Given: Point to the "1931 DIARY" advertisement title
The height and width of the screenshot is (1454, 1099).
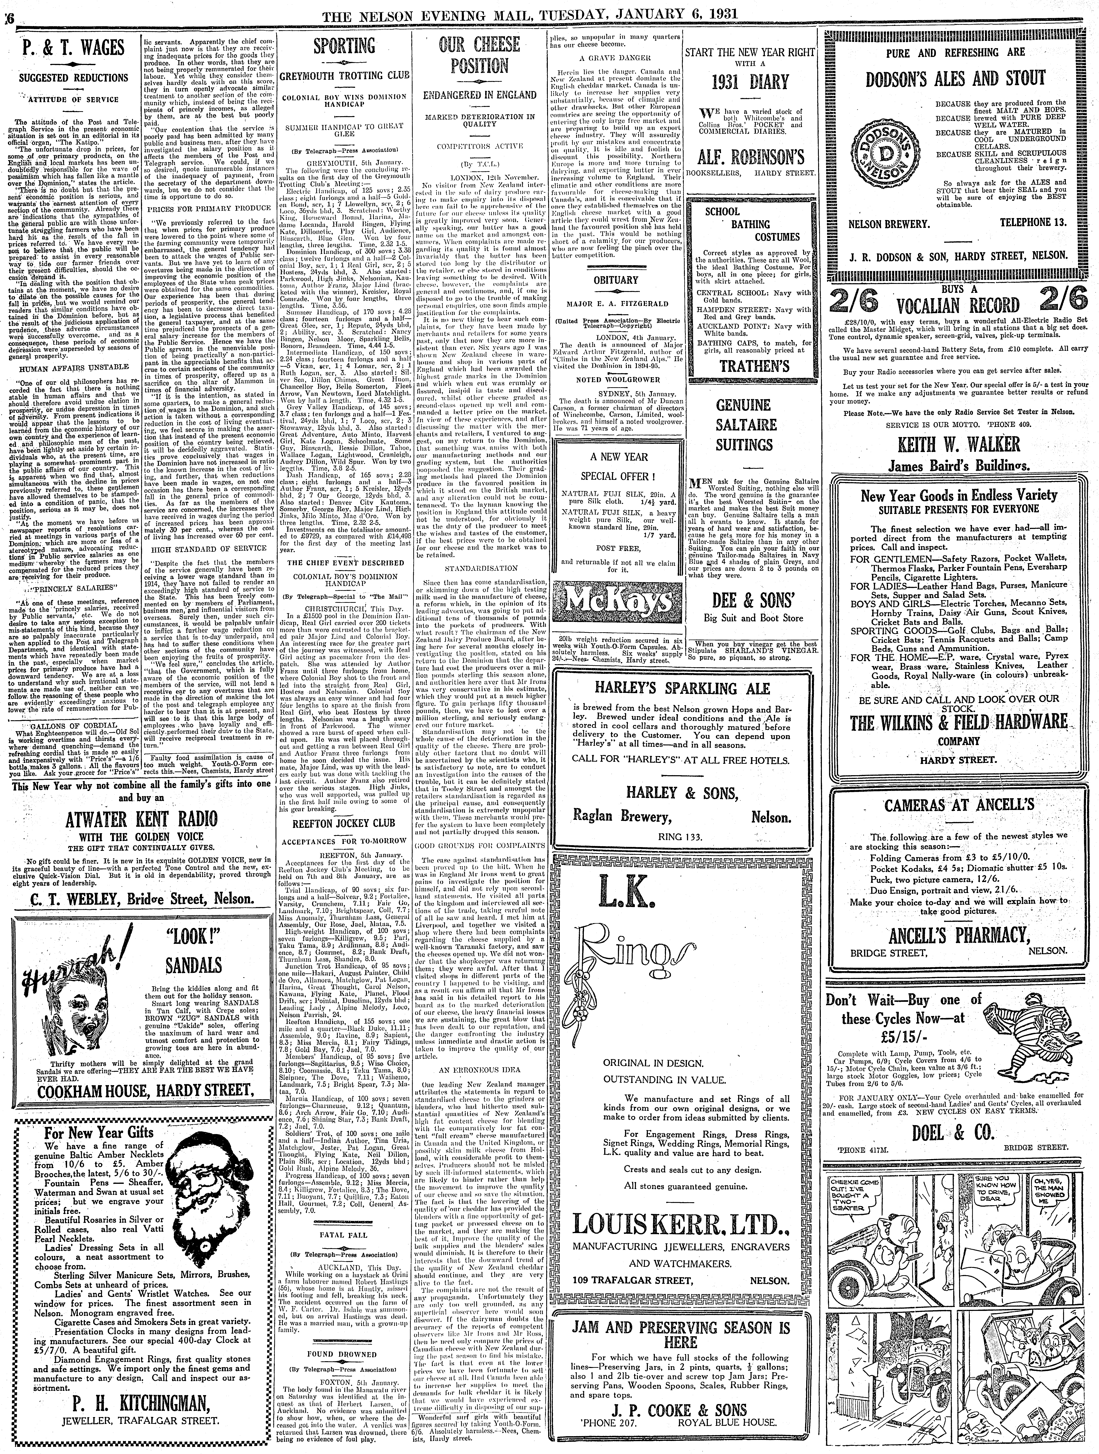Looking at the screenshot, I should (749, 82).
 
